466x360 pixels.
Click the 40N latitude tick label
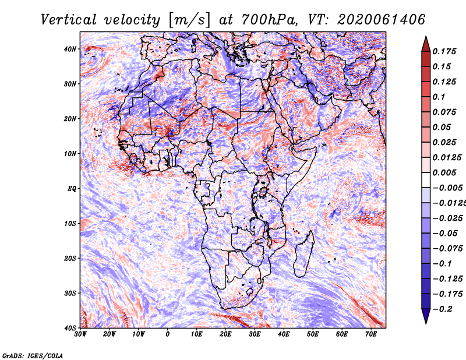coord(70,49)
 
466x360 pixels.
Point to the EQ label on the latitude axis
coord(72,189)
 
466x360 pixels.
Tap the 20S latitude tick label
coord(70,258)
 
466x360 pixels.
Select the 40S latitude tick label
coord(70,328)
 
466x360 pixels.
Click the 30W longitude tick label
coord(80,334)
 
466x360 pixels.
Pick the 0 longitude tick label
coord(168,334)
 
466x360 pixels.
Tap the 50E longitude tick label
coord(313,334)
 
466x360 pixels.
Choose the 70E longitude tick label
coord(371,334)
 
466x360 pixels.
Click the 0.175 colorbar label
coord(444,51)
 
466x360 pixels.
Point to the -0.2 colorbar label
coord(443,309)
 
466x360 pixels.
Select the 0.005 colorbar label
coord(444,172)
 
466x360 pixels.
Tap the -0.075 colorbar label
coord(447,249)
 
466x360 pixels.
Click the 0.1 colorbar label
coord(439,97)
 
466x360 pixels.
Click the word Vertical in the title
coord(69,20)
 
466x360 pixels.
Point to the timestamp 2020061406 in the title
coord(381,20)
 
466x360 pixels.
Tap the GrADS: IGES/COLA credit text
coord(33,355)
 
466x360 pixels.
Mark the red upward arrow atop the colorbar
coord(426,44)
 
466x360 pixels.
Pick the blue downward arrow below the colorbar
coord(426,316)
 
